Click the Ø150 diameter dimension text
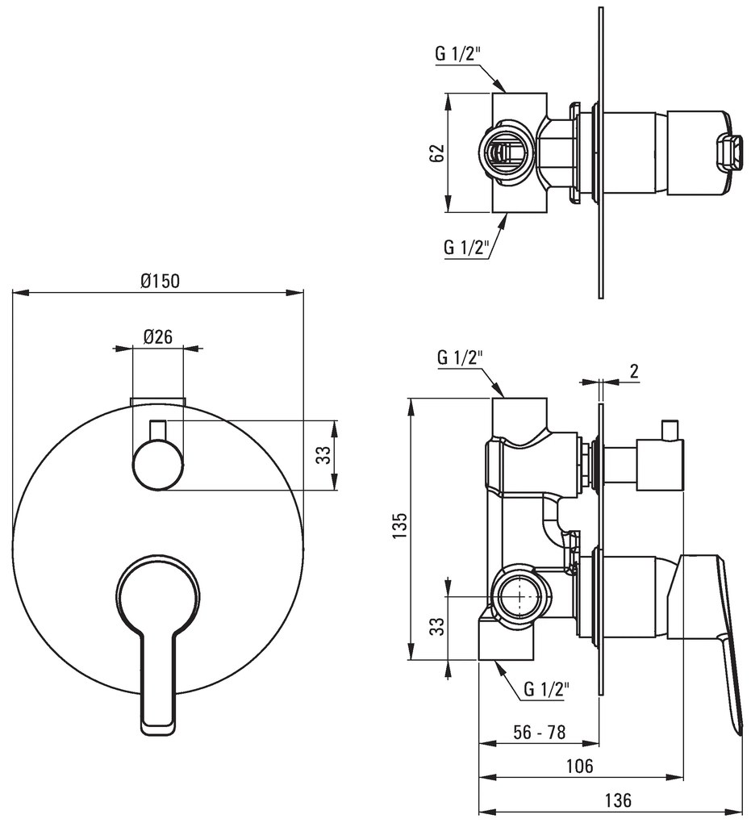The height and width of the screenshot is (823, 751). click(x=159, y=280)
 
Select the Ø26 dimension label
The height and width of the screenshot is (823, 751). click(x=158, y=337)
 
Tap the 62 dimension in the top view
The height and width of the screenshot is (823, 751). click(x=436, y=153)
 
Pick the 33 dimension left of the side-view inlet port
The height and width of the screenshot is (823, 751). click(x=436, y=627)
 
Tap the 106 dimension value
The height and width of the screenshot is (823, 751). click(x=579, y=766)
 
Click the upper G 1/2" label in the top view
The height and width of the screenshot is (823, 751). click(x=458, y=54)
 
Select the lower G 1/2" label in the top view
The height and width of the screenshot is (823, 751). click(x=466, y=247)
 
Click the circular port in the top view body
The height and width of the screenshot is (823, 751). click(x=505, y=152)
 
